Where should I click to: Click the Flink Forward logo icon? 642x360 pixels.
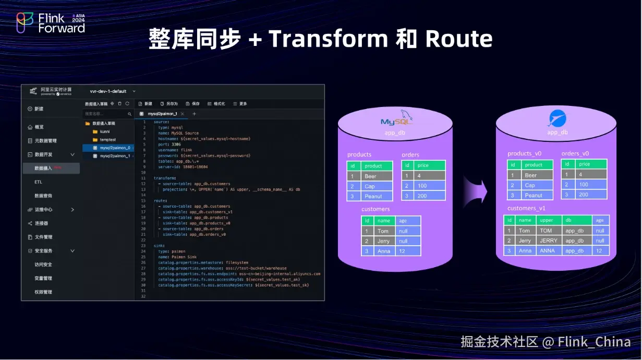coord(25,23)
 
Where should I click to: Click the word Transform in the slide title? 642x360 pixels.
coord(328,39)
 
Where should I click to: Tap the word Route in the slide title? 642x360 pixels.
coord(459,39)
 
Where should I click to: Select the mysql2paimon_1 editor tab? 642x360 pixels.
coord(162,114)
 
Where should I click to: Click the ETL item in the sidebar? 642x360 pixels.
coord(39,182)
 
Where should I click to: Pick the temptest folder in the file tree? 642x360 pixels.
coord(108,140)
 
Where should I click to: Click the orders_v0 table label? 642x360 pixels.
coord(575,154)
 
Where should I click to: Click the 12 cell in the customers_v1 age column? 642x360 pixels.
coord(600,251)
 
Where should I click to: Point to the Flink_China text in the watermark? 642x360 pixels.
coord(593,342)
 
